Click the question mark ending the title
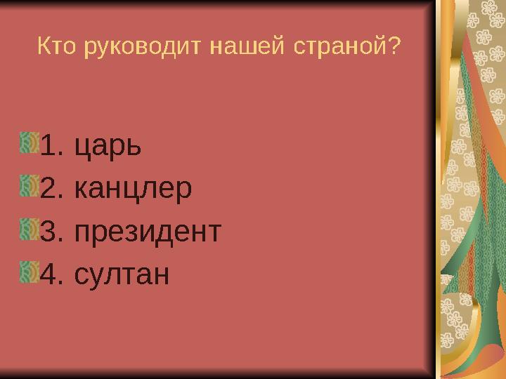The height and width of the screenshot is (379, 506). [x=394, y=47]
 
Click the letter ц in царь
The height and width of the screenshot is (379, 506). [x=82, y=149]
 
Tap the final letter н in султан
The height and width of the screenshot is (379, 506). [x=161, y=274]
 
